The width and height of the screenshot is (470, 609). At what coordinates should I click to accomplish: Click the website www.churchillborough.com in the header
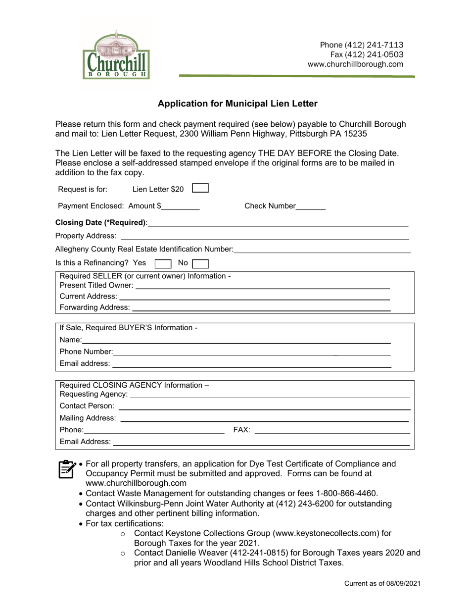(x=355, y=64)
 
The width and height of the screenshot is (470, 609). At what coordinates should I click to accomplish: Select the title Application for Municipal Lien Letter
(x=237, y=103)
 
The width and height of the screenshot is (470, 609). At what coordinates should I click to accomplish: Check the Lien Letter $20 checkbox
(x=200, y=188)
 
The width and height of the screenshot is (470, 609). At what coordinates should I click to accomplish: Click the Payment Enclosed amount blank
(x=180, y=207)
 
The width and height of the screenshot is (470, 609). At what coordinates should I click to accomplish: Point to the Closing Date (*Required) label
(x=101, y=223)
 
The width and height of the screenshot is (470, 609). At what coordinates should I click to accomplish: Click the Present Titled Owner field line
(x=262, y=286)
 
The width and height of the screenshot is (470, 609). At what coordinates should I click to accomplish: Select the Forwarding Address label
(x=94, y=307)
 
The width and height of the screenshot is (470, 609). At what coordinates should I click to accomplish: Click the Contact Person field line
(x=264, y=406)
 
